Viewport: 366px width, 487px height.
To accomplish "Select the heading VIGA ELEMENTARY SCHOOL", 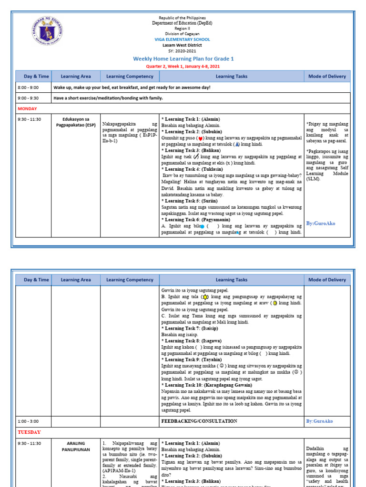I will tap(183, 39).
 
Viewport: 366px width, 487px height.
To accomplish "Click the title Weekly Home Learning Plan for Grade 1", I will tap(183, 58).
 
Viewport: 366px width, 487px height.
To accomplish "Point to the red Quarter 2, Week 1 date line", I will tap(183, 67).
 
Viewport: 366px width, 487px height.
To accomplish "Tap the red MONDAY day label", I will tap(27, 108).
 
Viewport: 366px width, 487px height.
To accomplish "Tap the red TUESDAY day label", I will tap(29, 432).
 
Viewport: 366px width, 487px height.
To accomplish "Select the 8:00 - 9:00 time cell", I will tap(28, 88).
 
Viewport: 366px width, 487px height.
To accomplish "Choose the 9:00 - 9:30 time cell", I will tap(28, 98).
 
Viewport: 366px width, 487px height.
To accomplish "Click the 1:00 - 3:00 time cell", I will tap(28, 421).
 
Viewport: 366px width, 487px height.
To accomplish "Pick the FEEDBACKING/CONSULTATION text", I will tap(199, 421).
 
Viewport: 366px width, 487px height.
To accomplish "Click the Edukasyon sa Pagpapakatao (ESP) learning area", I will tap(76, 122).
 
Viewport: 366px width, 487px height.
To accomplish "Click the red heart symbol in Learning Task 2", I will tap(200, 138).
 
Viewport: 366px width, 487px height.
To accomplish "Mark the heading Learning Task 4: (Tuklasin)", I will tap(189, 169).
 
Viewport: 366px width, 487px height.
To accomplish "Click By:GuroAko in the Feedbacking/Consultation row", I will tap(319, 421).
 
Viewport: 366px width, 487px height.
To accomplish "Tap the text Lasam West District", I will tap(183, 45).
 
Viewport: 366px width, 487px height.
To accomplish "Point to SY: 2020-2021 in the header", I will tap(183, 51).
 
